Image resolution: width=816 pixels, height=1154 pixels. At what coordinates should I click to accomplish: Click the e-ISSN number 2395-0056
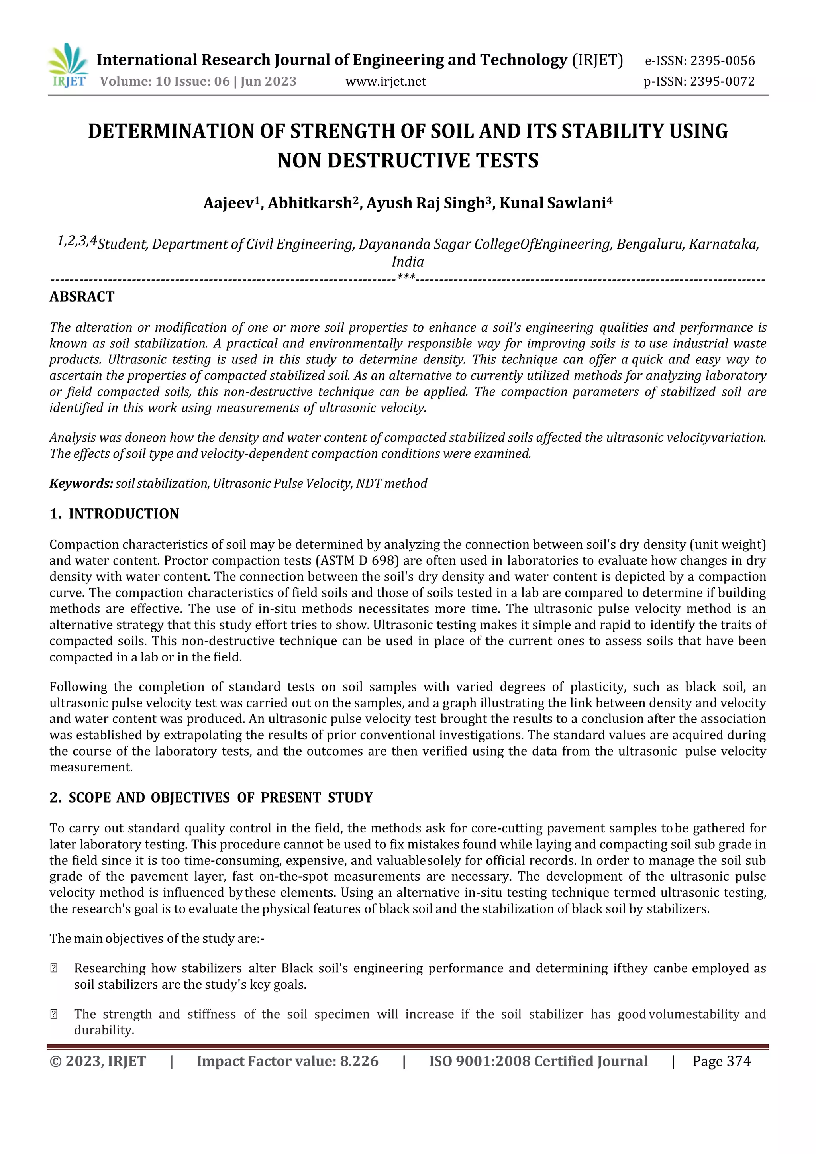tap(722, 61)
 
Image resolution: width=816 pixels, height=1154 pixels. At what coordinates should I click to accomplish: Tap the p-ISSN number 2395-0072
tap(722, 81)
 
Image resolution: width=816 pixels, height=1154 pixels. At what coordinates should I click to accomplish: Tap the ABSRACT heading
tap(82, 296)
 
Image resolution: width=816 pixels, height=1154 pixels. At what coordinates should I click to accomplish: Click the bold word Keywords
tap(81, 483)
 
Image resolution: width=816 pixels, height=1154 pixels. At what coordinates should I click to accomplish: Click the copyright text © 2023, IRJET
tap(98, 1061)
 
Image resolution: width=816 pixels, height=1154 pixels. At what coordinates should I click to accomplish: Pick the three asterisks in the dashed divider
tap(406, 277)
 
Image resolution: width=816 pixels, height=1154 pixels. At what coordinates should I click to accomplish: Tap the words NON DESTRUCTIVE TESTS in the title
tap(408, 161)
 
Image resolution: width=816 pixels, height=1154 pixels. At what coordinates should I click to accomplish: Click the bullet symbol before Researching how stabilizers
tap(54, 969)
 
